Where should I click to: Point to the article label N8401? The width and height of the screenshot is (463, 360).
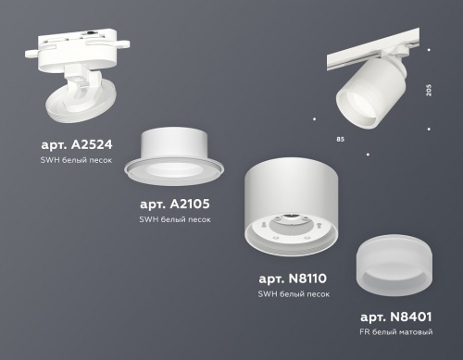(400, 316)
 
